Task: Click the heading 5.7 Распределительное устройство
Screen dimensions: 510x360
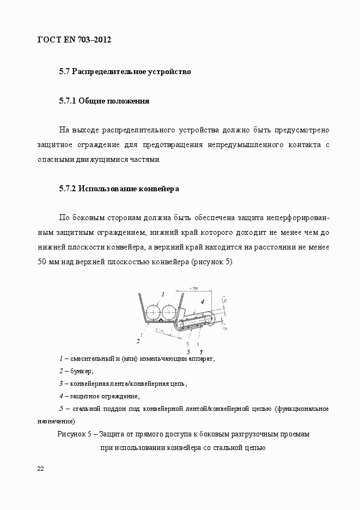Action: click(x=125, y=71)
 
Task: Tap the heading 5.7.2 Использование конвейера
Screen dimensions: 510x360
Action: click(x=119, y=189)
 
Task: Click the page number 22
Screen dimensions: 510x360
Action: click(x=41, y=469)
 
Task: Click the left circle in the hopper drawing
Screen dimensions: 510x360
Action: click(x=153, y=312)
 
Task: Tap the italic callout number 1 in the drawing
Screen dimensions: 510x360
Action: click(x=162, y=294)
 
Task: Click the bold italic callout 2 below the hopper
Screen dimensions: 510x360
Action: click(x=138, y=341)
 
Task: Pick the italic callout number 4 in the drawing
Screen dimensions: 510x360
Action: click(x=202, y=301)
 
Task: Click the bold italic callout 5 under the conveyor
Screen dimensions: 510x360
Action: click(x=188, y=352)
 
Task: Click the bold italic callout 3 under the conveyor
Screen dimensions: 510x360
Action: click(x=201, y=352)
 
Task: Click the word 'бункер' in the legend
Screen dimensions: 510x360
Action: click(x=81, y=371)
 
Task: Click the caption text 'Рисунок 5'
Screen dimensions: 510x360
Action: click(x=74, y=435)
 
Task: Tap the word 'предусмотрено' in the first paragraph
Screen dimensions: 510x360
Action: click(x=302, y=130)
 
